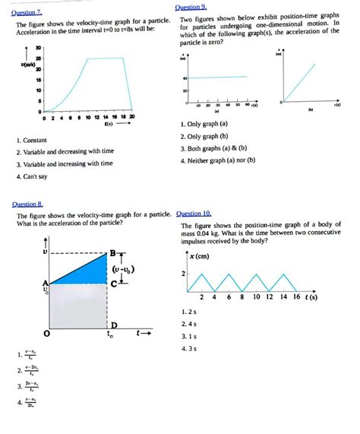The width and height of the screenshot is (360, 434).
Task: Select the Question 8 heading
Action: (x=28, y=204)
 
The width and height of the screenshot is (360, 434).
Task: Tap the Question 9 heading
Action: (x=194, y=6)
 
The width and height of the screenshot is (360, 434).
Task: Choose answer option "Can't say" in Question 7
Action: (x=35, y=177)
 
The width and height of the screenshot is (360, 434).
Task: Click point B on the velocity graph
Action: (x=113, y=253)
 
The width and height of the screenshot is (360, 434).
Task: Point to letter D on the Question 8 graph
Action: (x=114, y=325)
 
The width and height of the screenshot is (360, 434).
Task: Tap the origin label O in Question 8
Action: (x=47, y=332)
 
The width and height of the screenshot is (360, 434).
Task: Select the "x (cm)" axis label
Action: (x=201, y=256)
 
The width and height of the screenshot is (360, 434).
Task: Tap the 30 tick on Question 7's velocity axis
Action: (x=39, y=48)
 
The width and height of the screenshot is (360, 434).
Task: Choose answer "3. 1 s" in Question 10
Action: (x=189, y=336)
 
